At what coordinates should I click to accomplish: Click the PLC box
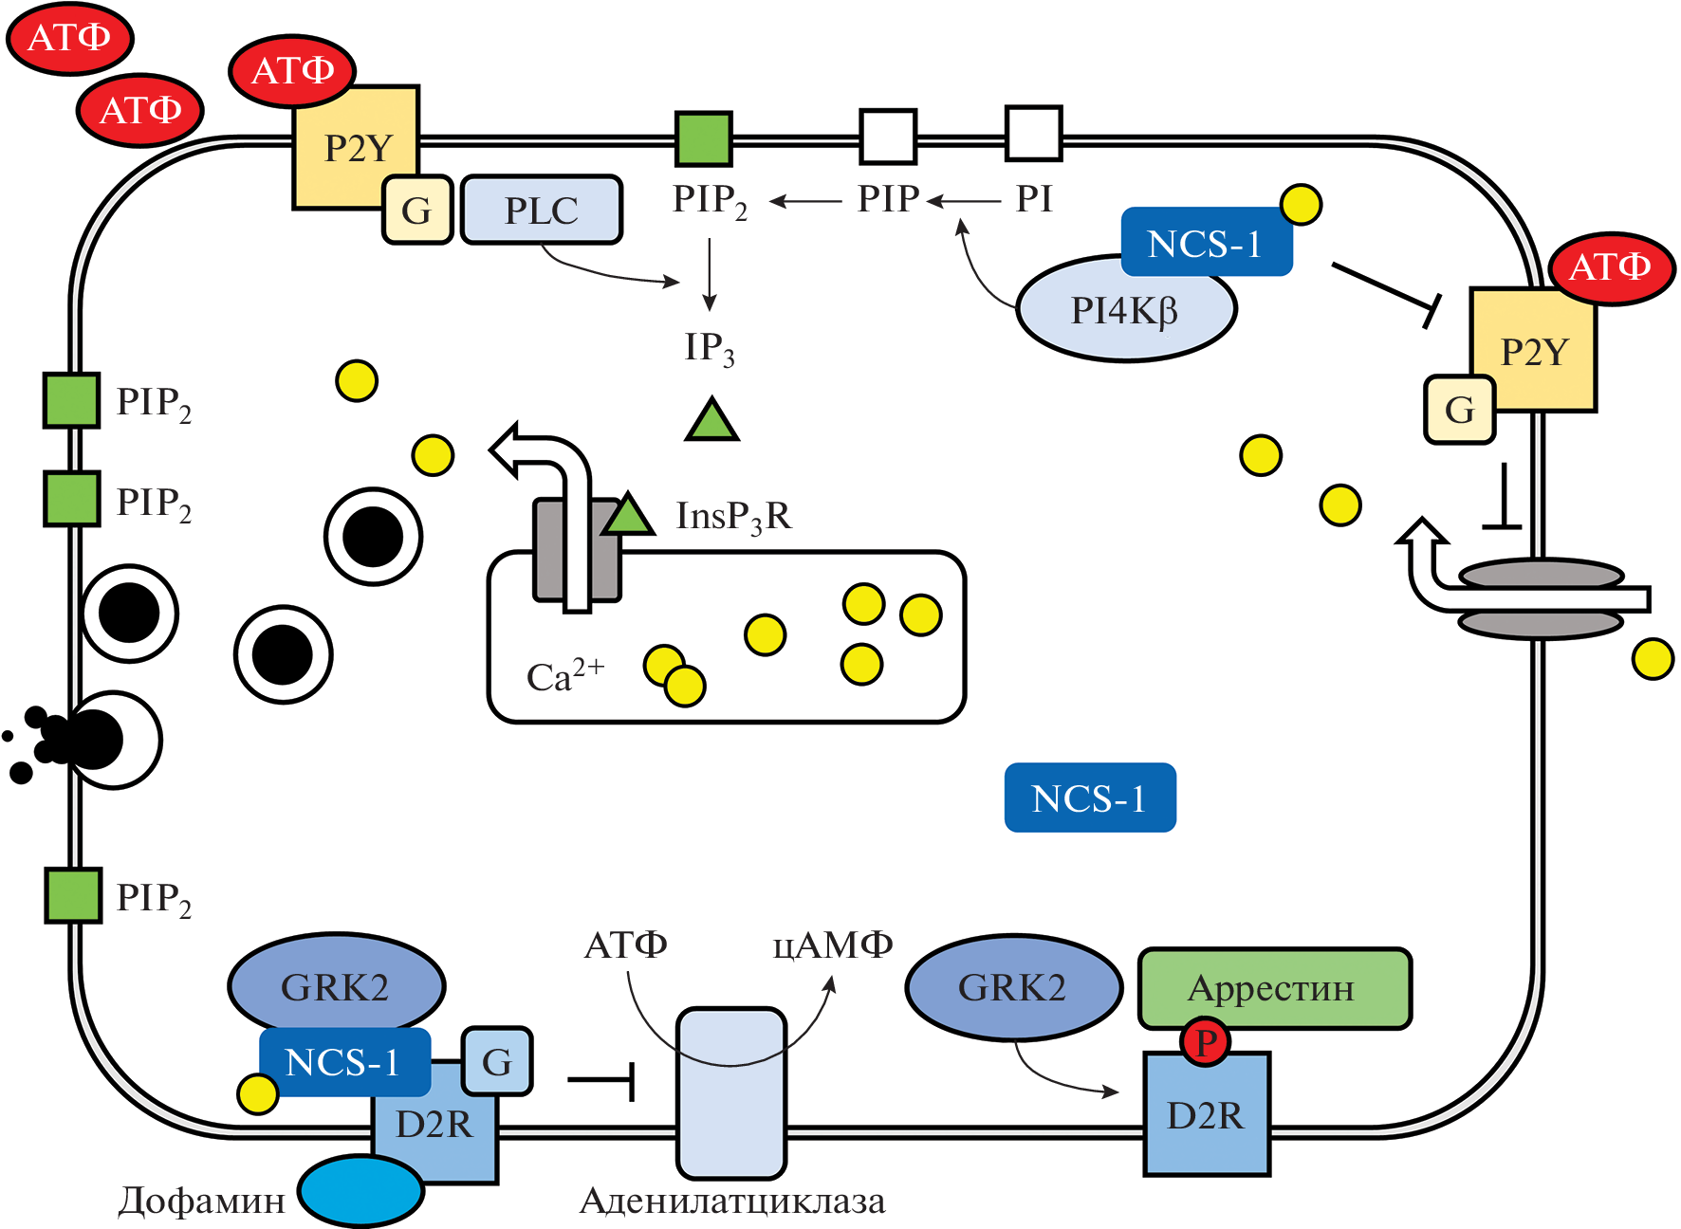542,210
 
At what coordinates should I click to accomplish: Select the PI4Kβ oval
1125,310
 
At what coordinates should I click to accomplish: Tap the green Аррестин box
1274,988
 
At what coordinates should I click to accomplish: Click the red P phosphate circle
1205,1041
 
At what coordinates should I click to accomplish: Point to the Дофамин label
201,1201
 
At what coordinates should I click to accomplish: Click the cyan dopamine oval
360,1191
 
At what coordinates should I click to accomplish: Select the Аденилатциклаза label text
732,1201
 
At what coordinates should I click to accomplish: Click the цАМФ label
833,945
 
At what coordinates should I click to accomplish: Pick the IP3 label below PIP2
710,348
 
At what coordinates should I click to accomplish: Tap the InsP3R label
733,517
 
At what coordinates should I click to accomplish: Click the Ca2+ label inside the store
564,675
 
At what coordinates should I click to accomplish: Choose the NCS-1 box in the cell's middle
1090,798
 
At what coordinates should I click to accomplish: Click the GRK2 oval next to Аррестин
1013,987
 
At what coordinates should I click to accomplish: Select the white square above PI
1033,134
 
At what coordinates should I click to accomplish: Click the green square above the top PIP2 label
703,138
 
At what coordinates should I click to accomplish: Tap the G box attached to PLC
416,211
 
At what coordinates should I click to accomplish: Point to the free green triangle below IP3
711,422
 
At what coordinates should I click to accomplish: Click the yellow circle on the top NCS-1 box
1301,204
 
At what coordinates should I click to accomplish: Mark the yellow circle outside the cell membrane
1653,659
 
